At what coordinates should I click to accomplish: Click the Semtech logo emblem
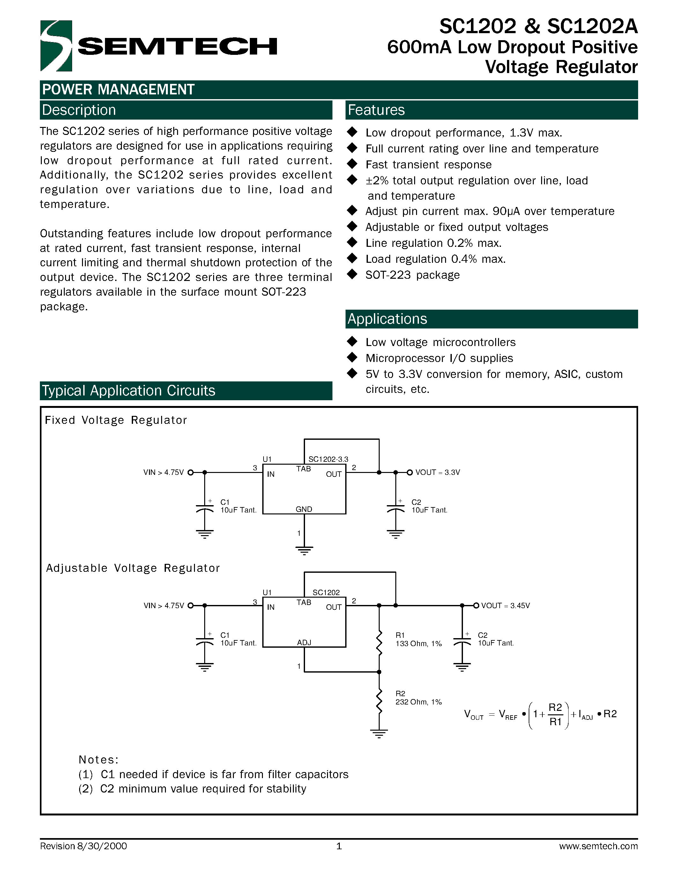click(56, 46)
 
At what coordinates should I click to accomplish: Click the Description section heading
click(79, 110)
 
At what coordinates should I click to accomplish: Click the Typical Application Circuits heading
click(129, 391)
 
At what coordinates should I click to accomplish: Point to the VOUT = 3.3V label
click(437, 472)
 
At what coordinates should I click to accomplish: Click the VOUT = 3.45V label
click(505, 606)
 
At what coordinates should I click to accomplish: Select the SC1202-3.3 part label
click(328, 459)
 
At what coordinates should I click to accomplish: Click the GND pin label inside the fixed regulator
click(304, 509)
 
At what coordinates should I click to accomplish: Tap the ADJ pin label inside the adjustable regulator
click(304, 643)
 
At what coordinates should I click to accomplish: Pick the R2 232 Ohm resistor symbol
click(379, 700)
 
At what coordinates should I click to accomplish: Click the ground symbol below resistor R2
click(379, 733)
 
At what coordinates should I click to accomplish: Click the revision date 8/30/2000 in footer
click(101, 846)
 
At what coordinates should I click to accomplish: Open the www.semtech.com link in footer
click(598, 846)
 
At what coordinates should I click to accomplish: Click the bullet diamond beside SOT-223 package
click(352, 274)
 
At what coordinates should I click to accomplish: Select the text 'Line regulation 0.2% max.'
click(433, 243)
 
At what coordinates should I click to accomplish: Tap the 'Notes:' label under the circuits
click(98, 760)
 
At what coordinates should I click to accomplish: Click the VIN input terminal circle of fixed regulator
click(191, 472)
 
